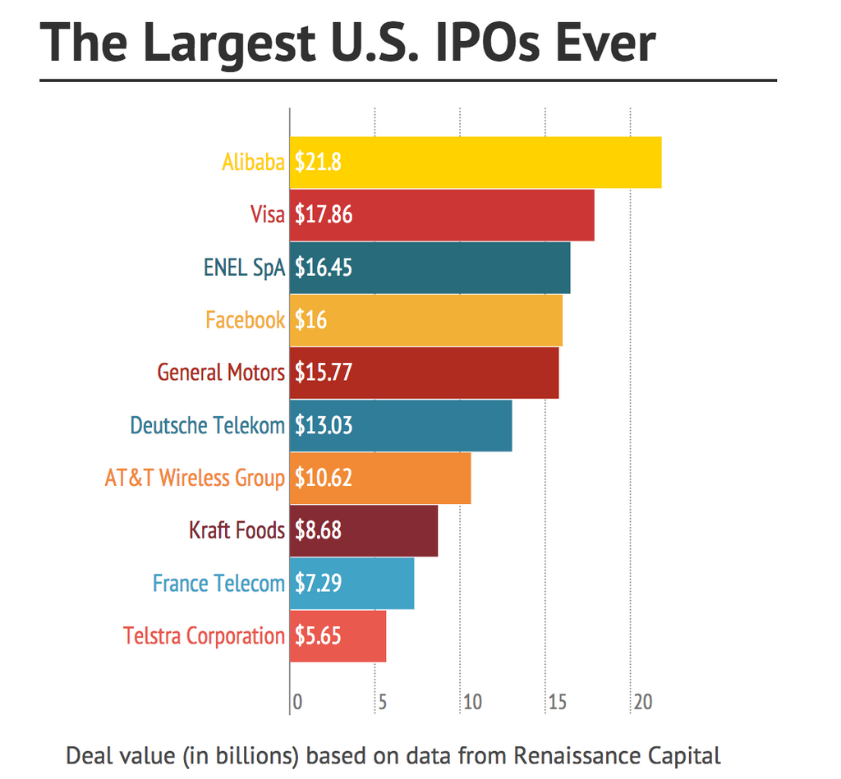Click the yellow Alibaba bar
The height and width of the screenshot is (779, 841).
click(476, 162)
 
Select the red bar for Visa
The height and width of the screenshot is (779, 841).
click(442, 214)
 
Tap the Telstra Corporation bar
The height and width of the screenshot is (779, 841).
click(338, 635)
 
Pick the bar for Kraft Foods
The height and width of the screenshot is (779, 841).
click(364, 530)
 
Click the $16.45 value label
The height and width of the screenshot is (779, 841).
click(324, 268)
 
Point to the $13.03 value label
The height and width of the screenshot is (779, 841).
click(324, 425)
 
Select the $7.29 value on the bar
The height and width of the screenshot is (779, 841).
click(319, 583)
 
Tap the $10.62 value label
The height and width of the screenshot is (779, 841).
click(324, 478)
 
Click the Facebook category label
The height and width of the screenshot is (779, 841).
click(245, 320)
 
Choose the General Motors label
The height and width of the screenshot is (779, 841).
click(221, 373)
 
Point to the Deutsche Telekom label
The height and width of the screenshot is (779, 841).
click(207, 425)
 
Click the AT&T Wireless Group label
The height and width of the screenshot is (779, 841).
click(195, 478)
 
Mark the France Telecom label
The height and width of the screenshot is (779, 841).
click(218, 583)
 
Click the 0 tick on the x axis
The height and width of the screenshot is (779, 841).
click(297, 703)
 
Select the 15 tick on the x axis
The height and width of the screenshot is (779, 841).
click(557, 703)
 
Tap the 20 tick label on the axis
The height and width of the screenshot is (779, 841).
click(642, 703)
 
